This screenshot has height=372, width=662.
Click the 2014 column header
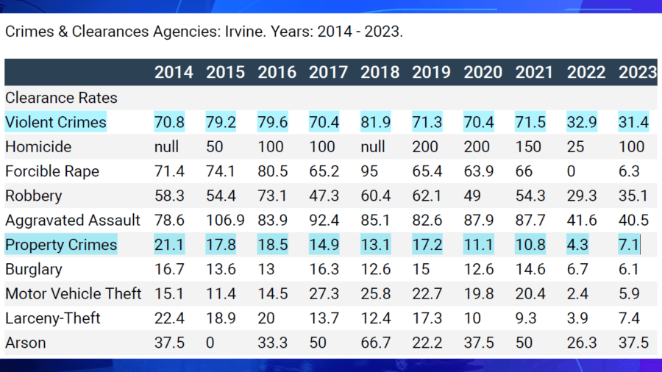(174, 72)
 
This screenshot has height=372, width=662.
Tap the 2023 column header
(637, 72)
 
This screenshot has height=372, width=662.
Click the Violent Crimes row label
(55, 122)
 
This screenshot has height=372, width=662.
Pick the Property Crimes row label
(61, 244)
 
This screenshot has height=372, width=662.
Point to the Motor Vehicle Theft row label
(73, 294)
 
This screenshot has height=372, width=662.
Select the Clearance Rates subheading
(61, 98)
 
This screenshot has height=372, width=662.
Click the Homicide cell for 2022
(576, 146)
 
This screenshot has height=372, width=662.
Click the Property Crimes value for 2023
(629, 244)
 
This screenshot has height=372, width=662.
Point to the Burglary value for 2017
(324, 269)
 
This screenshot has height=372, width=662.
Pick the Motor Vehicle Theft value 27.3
(324, 294)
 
